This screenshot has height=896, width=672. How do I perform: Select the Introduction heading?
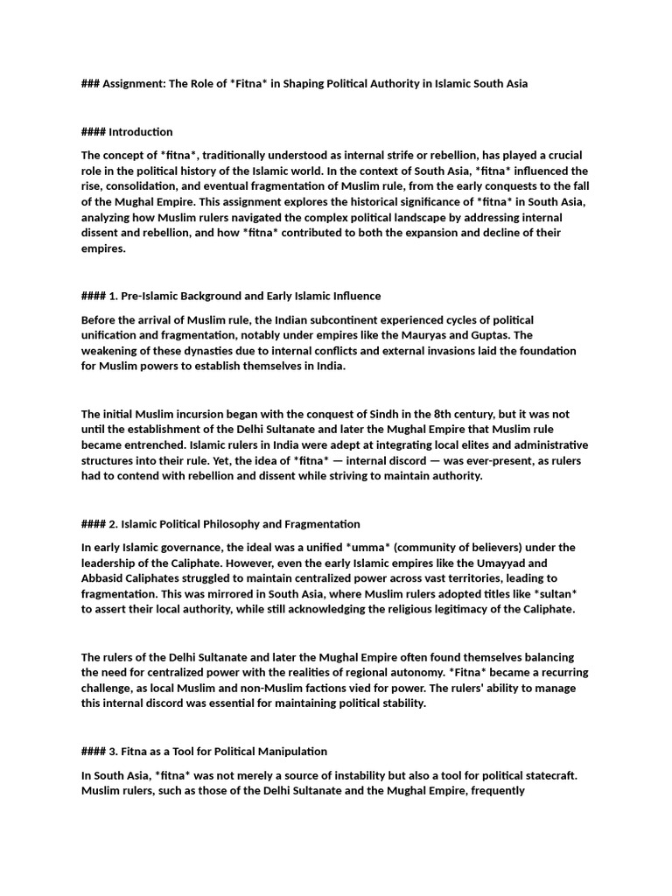click(x=141, y=132)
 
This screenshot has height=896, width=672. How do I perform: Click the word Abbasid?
click(x=103, y=579)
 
